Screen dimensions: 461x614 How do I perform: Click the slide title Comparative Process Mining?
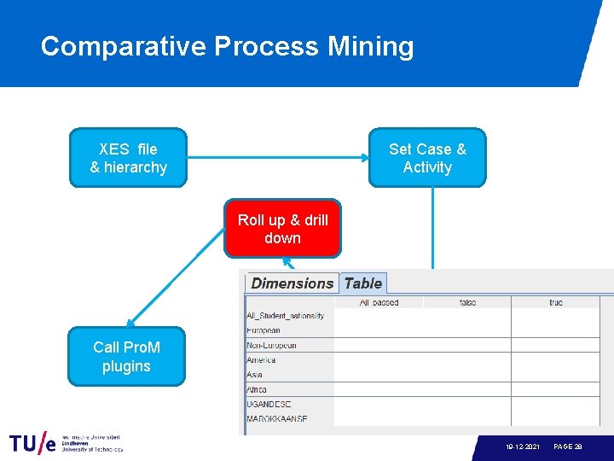click(x=227, y=46)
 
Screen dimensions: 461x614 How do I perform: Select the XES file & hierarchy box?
click(x=128, y=158)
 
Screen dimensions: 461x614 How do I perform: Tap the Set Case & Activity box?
click(x=427, y=158)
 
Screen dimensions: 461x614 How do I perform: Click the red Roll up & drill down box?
click(x=282, y=229)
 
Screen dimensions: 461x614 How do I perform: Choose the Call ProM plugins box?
click(x=126, y=357)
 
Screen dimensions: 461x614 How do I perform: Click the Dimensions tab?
click(x=292, y=283)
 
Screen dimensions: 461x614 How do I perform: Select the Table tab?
click(x=363, y=283)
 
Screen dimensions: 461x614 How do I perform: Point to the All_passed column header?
click(x=379, y=302)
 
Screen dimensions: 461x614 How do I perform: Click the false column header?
click(x=467, y=302)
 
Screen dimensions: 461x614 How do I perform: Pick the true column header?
click(x=555, y=302)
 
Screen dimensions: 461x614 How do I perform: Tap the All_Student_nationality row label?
click(x=285, y=316)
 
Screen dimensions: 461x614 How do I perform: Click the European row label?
click(x=264, y=330)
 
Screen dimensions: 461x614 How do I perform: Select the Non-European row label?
click(x=271, y=345)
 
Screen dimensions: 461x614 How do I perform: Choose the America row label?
click(x=261, y=360)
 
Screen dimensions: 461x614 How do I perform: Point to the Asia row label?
click(x=255, y=375)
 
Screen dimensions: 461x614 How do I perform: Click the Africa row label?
click(x=257, y=389)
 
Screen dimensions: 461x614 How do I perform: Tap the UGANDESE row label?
click(x=269, y=404)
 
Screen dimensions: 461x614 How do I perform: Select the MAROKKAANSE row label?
click(x=276, y=419)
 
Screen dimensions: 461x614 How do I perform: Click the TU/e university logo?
click(x=66, y=444)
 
